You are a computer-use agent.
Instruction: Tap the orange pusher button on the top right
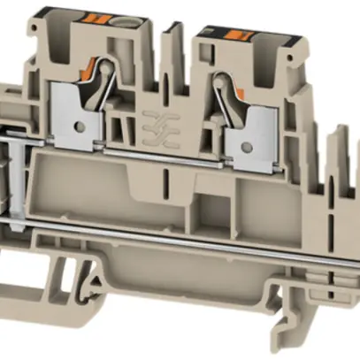click(x=238, y=35)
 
